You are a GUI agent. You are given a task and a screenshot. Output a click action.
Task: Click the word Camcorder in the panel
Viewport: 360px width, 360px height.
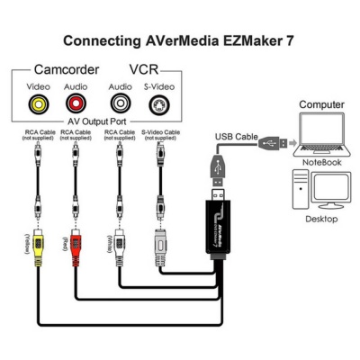(67, 69)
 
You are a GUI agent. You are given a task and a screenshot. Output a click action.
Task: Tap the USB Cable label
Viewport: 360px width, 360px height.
(235, 136)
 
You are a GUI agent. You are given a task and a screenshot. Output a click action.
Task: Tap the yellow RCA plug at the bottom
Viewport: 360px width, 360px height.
(38, 261)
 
